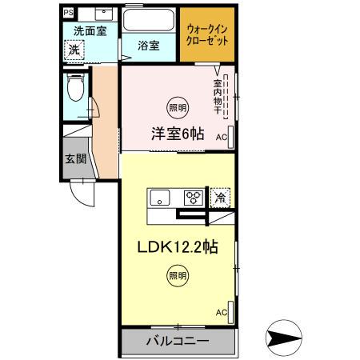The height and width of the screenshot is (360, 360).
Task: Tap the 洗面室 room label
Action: tap(90, 30)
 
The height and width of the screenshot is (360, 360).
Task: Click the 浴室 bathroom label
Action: tap(148, 46)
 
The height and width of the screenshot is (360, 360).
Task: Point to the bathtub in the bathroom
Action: tap(148, 20)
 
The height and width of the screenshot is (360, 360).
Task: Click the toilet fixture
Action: tap(75, 87)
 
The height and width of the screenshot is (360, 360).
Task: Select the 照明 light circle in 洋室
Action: tap(174, 106)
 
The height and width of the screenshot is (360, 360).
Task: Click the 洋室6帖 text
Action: tap(175, 134)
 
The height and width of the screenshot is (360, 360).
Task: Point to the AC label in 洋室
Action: tap(221, 136)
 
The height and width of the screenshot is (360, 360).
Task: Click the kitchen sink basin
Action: tap(158, 197)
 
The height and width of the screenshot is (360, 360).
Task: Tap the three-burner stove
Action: tap(193, 197)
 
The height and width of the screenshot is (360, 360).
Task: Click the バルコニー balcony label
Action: tap(177, 342)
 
